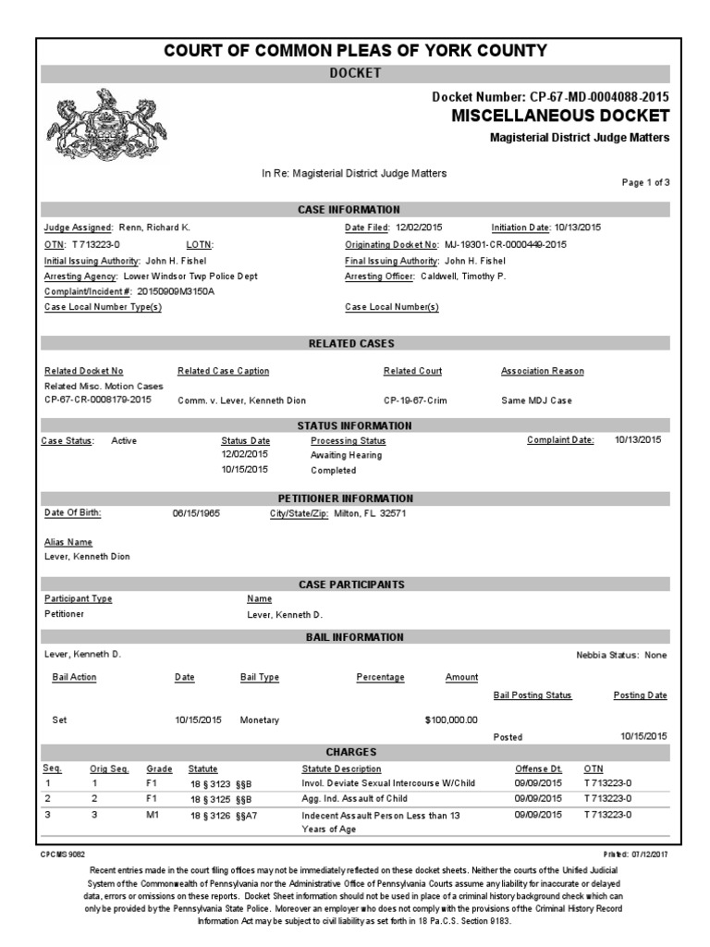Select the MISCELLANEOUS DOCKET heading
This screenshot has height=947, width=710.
point(560,116)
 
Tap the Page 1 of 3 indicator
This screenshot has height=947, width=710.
point(645,182)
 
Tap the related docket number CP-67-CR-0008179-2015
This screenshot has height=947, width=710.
point(99,400)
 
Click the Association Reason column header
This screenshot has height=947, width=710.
point(542,371)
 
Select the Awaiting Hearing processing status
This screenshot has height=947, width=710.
point(346,455)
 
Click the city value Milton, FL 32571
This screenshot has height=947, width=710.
point(370,512)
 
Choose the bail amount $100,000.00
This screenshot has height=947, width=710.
point(451,719)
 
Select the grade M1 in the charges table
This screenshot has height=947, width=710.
point(153,815)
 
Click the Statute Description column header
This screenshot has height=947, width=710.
point(341,769)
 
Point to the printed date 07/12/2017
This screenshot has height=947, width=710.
point(651,855)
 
